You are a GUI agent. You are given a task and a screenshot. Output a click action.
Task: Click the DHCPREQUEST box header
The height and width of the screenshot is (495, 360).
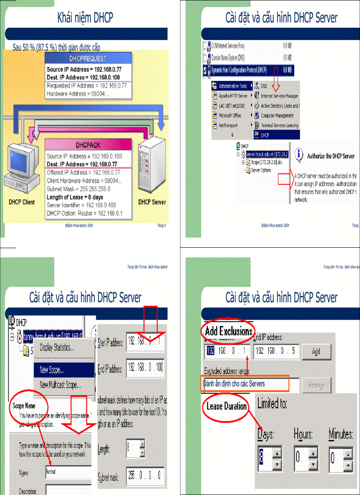pos(88,58)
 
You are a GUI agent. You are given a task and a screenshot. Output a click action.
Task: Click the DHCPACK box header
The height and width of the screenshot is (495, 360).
pos(88,145)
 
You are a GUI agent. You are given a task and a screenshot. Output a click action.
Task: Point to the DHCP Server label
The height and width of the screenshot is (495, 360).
pos(152,202)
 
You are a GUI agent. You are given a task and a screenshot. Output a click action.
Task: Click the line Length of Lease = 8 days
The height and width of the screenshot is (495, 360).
pos(75,197)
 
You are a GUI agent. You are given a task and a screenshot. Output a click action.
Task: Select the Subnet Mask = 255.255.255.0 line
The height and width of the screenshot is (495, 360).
pos(78,189)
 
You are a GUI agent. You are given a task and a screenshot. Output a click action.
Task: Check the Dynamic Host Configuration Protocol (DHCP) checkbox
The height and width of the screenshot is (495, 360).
pos(205,70)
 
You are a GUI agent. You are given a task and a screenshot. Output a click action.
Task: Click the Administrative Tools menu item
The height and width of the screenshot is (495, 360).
pos(232,86)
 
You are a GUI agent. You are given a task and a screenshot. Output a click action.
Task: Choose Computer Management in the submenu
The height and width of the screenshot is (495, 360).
pos(277,115)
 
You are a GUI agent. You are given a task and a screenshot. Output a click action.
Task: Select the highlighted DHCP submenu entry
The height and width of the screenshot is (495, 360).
pos(265,135)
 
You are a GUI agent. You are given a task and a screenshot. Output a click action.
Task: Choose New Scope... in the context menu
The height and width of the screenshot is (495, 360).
pos(52,369)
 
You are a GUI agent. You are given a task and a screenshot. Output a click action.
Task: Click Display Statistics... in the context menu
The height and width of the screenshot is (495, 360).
pos(57,347)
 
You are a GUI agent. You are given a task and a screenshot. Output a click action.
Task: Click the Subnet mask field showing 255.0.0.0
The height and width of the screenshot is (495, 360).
pos(145,475)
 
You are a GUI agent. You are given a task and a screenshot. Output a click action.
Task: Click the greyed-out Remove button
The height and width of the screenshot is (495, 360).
pos(316,385)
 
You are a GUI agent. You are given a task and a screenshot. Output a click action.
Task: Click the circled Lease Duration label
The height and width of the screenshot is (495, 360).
pos(226,406)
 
